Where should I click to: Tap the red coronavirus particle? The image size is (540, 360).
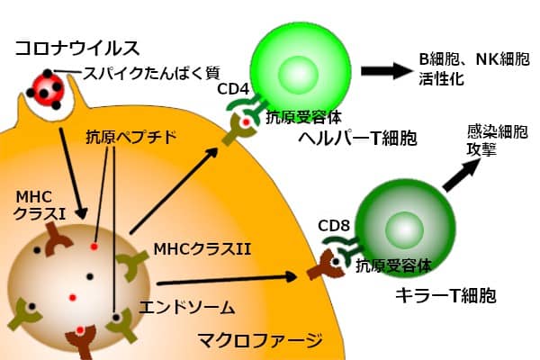click(x=45, y=88)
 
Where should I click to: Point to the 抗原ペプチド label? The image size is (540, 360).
click(x=130, y=139)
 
